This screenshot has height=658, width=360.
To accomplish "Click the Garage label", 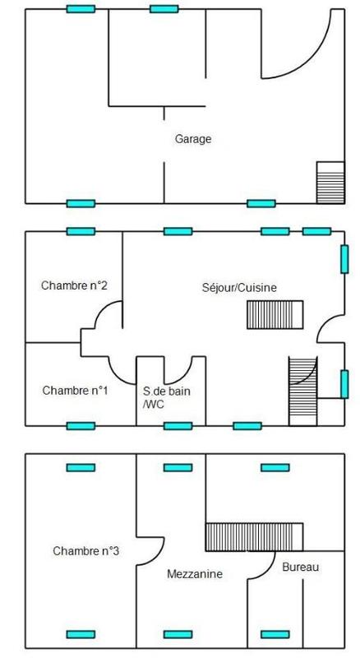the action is (x=193, y=139).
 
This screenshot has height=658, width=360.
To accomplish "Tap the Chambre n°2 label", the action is (x=74, y=285).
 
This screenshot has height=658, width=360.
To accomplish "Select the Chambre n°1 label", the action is (x=75, y=391).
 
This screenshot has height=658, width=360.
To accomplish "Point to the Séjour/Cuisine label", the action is (x=239, y=288).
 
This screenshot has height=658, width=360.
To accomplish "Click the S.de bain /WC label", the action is (x=166, y=398).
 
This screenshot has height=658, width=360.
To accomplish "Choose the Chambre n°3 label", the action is (x=85, y=551).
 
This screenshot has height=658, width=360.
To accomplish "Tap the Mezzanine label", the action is (x=195, y=574).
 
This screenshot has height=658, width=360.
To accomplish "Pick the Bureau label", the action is (x=301, y=568).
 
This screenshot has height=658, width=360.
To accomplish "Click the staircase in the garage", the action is (x=330, y=183).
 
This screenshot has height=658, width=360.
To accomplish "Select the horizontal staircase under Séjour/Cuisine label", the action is (x=275, y=314).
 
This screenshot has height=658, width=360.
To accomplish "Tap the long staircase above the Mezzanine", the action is (x=254, y=537).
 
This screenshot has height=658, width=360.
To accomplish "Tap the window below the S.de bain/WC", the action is (x=178, y=426).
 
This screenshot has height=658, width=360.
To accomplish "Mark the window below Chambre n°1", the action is (x=81, y=426).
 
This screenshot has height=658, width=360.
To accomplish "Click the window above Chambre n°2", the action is (x=81, y=231).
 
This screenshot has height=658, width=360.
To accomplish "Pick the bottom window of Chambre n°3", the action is (x=81, y=634).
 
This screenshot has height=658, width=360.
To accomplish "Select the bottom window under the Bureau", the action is (x=275, y=634).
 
